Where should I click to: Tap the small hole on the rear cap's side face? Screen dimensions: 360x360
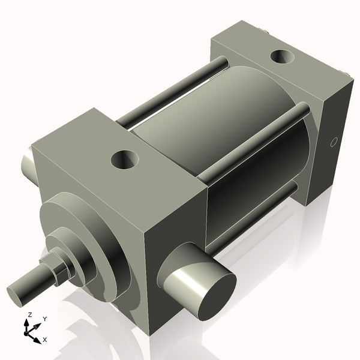334,143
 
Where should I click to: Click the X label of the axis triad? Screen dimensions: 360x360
45,340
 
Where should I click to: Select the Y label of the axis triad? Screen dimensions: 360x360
44,319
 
